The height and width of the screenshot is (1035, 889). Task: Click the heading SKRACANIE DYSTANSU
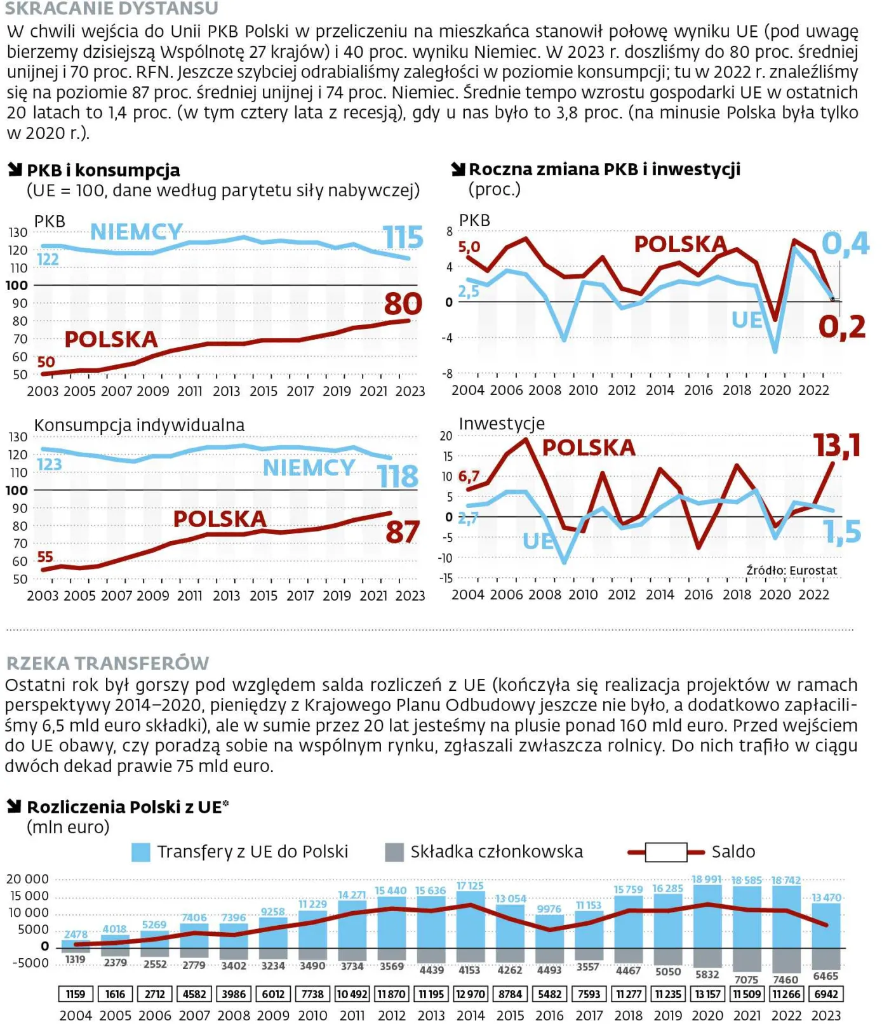tap(112, 8)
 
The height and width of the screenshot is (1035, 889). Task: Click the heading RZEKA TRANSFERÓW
tap(107, 663)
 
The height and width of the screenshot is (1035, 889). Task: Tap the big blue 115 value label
tap(403, 238)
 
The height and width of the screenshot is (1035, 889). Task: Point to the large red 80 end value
tap(403, 304)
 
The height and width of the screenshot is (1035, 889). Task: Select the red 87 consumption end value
tap(402, 532)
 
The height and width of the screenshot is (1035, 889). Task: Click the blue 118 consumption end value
tap(398, 476)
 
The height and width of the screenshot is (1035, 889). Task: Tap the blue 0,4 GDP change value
tap(845, 243)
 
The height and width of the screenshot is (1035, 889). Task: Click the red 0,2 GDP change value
tap(842, 327)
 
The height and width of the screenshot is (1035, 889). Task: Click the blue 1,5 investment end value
tap(842, 532)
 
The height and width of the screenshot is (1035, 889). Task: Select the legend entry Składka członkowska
tap(485, 852)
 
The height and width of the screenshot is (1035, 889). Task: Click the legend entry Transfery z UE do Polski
tap(240, 852)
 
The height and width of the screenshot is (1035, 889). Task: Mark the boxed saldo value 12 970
tap(471, 994)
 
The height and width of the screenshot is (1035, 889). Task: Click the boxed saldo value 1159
tap(76, 994)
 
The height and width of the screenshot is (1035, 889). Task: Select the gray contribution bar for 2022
tap(786, 960)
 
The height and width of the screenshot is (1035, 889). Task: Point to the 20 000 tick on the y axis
tap(27, 879)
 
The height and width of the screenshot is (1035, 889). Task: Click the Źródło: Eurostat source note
tap(791, 570)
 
